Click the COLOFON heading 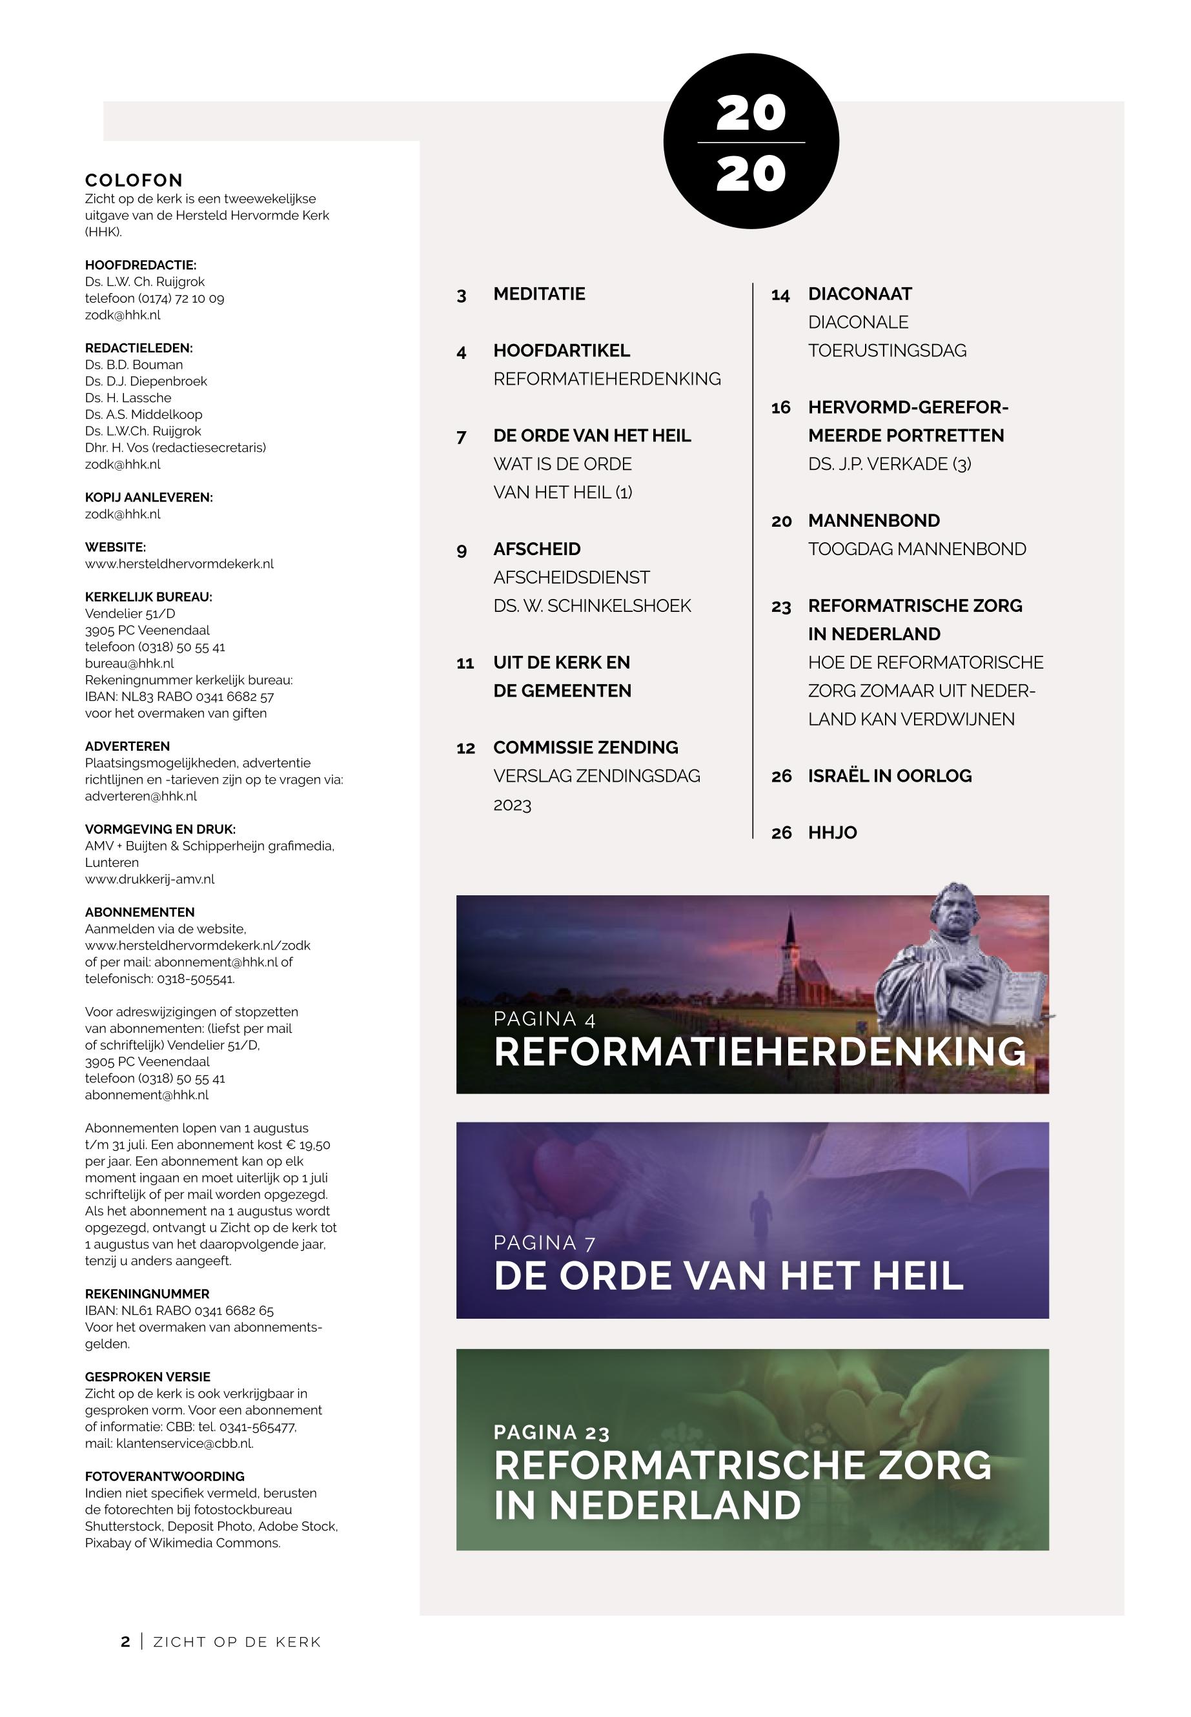[x=134, y=181]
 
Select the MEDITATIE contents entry [x=539, y=294]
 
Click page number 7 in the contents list [x=461, y=436]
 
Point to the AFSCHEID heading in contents [x=536, y=549]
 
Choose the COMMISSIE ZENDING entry [x=585, y=747]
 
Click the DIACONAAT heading [x=860, y=294]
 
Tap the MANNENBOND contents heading [x=874, y=521]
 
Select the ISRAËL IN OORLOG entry [x=890, y=776]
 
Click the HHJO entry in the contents [x=832, y=833]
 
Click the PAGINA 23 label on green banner [x=551, y=1433]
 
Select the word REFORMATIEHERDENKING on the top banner [x=760, y=1052]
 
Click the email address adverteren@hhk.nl [x=141, y=796]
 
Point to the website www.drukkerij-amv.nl [x=149, y=879]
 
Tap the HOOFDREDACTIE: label [x=140, y=265]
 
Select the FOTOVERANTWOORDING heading [x=164, y=1477]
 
